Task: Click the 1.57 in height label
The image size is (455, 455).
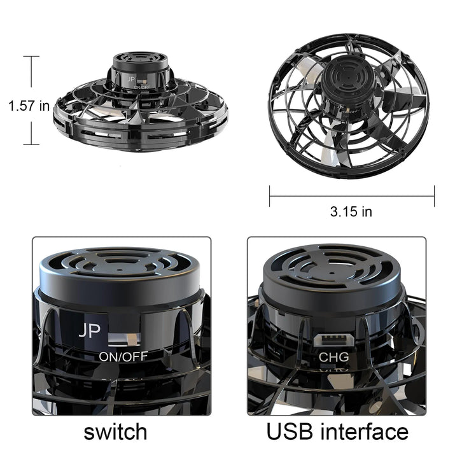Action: pos(29,106)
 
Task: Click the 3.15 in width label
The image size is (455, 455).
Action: pos(351,212)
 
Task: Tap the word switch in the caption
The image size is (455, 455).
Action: pos(115,431)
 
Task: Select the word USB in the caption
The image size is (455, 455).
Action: pos(295,431)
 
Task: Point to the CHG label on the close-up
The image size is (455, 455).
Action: pos(333,357)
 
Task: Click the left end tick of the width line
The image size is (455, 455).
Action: pos(270,196)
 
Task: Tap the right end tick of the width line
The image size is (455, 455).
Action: pos(435,196)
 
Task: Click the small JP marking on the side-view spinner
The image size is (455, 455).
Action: pos(131,80)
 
